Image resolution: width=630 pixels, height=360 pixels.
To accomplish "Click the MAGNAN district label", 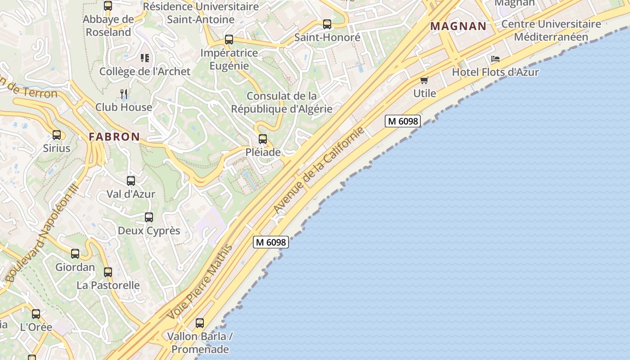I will coord(458,26).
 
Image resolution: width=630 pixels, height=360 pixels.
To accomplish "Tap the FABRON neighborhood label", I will coord(114,137).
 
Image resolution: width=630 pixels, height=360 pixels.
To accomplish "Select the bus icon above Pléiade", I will coord(263,139).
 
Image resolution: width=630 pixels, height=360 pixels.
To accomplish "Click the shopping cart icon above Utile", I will coord(424,81).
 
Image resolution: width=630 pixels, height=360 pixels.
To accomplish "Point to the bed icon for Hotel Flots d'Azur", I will coord(495,59).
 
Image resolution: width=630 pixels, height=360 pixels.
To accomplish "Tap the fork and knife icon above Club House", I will coord(124,94).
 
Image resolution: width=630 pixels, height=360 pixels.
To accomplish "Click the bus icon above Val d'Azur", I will coord(131,181).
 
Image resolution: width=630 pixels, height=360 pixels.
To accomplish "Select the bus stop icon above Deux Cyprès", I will coord(149,217).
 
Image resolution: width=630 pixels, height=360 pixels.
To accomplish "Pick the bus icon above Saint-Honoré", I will coord(327,24).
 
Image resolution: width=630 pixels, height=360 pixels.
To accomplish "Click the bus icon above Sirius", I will coord(57,135).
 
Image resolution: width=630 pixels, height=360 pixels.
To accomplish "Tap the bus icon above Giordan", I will coord(75,254).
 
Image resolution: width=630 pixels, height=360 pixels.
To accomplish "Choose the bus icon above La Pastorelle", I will coord(108,272).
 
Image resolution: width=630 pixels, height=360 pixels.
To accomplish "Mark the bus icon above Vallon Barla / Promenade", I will coord(200,323).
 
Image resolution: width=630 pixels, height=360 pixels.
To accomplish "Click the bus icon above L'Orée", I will coord(36,314).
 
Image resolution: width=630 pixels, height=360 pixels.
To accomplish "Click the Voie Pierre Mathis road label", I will coord(200,282).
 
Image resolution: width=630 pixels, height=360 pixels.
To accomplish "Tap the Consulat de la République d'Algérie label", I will coord(282,102).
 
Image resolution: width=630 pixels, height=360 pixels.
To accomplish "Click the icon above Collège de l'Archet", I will coord(145,58).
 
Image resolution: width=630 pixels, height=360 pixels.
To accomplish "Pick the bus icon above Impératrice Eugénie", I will coord(229,40).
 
